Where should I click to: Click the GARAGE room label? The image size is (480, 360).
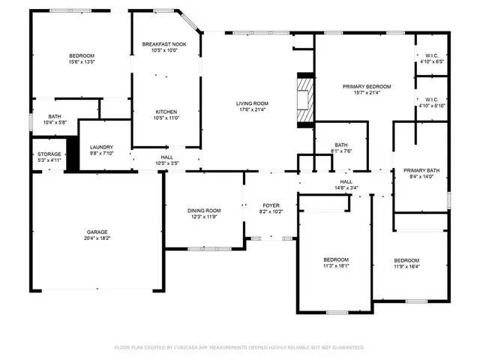[x=96, y=232]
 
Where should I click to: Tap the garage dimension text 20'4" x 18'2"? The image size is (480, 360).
[x=96, y=238]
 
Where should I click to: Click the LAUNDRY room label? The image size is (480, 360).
[x=100, y=147]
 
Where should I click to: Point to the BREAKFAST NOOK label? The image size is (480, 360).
[x=164, y=44]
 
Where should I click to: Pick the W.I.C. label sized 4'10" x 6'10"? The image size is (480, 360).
[x=432, y=99]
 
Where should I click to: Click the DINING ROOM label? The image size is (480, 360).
[x=203, y=210]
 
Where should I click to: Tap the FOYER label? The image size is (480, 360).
[x=271, y=205]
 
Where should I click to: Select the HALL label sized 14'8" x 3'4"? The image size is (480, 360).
[x=346, y=181]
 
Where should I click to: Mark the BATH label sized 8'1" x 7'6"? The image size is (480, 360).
[x=341, y=145]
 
